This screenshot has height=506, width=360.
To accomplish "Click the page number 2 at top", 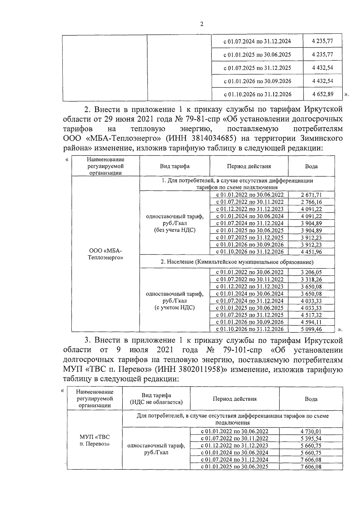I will pyautogui.click(x=202, y=24).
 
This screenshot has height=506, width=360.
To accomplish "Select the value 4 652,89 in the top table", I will pyautogui.click(x=322, y=94).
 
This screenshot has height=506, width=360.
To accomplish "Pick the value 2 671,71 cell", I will pyautogui.click(x=311, y=195).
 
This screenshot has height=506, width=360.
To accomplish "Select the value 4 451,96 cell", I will pyautogui.click(x=311, y=252).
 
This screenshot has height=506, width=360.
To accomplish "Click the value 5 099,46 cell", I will pyautogui.click(x=311, y=329).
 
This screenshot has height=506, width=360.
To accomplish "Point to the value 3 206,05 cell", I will pyautogui.click(x=311, y=272).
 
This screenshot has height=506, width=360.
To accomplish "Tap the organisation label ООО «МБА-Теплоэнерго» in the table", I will pyautogui.click(x=106, y=254).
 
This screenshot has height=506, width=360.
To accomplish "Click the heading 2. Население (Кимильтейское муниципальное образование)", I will pyautogui.click(x=237, y=262).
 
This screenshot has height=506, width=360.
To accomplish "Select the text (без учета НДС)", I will pyautogui.click(x=175, y=230).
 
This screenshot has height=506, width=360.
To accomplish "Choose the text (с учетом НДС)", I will pyautogui.click(x=175, y=307).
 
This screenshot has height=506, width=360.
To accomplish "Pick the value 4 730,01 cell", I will pyautogui.click(x=311, y=431).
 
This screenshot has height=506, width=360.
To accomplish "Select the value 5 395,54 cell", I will pyautogui.click(x=311, y=439).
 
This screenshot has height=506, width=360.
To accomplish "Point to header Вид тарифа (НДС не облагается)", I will pyautogui.click(x=156, y=399).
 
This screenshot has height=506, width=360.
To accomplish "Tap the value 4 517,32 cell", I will pyautogui.click(x=311, y=315).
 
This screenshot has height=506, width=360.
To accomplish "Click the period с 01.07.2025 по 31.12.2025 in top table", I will pyautogui.click(x=257, y=68).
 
